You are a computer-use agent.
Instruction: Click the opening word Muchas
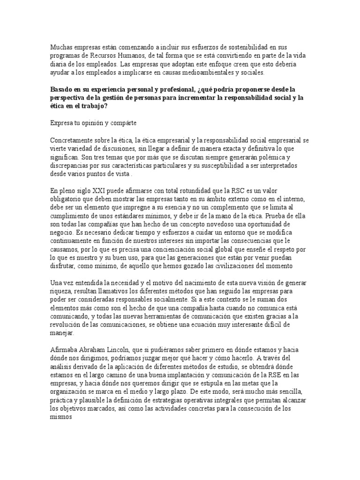pyautogui.click(x=60, y=47)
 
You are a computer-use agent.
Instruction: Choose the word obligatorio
pyautogui.click(x=67, y=199)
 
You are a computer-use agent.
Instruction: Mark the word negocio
pyautogui.click(x=61, y=233)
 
